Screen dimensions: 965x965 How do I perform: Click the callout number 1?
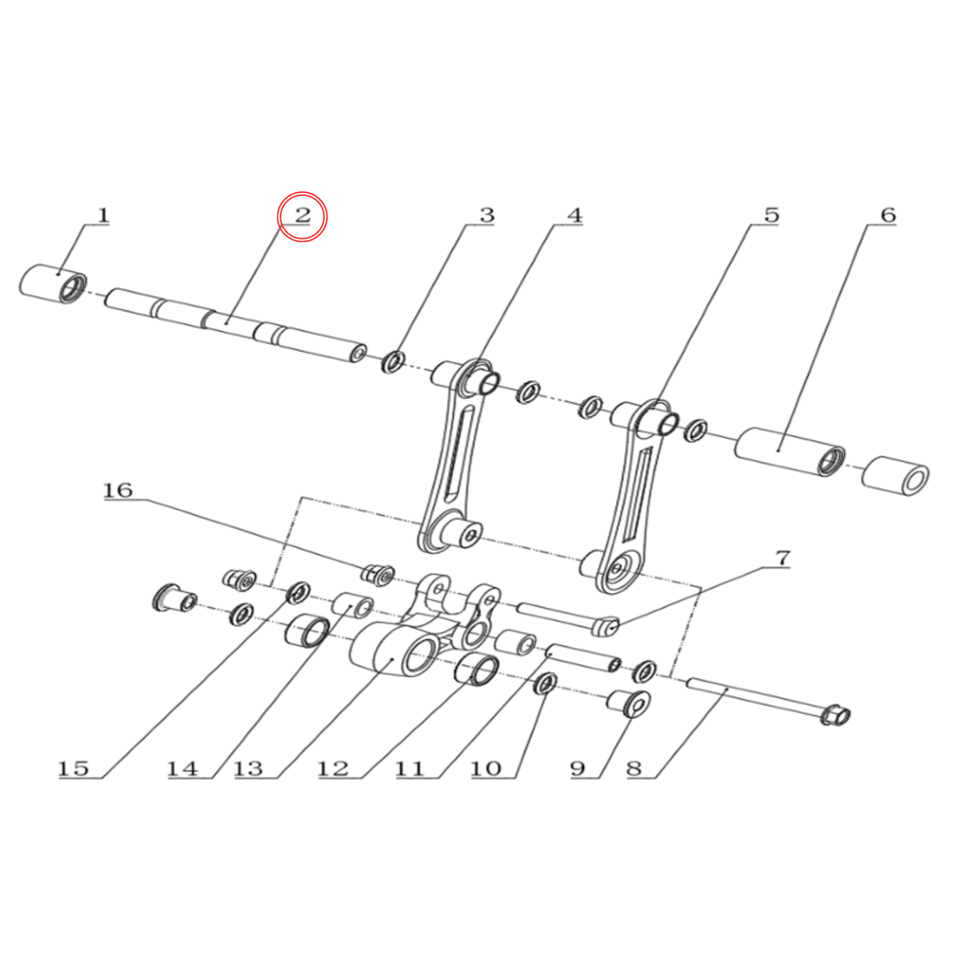[x=103, y=215]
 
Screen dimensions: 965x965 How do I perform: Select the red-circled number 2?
[x=302, y=215]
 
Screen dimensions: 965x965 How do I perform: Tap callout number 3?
[x=487, y=215]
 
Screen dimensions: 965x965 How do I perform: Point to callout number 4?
[x=575, y=215]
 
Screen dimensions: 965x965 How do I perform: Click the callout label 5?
[x=771, y=215]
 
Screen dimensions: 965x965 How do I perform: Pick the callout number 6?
[x=888, y=215]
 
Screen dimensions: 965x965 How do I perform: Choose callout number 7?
[x=783, y=558]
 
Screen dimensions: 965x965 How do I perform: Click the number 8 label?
[x=634, y=768]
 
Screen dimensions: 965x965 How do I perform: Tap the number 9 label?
[x=578, y=768]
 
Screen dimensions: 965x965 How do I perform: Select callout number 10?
[x=486, y=768]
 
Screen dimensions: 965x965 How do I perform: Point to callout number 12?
[x=333, y=768]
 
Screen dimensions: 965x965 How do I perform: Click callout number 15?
[x=74, y=768]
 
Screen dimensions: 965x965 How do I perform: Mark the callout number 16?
[x=118, y=490]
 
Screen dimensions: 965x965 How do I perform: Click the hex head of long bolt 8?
[x=835, y=715]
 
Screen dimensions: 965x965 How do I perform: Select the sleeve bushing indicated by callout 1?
[x=53, y=284]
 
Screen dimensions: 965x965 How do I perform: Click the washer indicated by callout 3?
[x=393, y=362]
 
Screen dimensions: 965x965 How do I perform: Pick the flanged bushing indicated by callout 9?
[x=629, y=703]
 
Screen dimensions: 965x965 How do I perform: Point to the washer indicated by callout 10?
[x=545, y=683]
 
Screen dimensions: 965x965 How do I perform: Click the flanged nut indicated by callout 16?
[x=377, y=575]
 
